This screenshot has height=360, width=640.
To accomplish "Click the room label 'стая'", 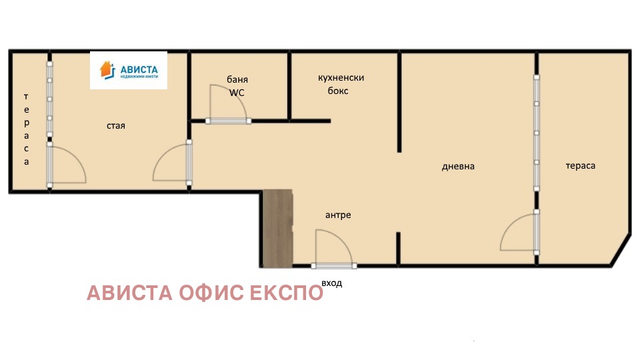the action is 116,126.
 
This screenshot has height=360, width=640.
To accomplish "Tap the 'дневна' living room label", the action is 458,167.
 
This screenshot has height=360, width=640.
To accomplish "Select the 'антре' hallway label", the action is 338,215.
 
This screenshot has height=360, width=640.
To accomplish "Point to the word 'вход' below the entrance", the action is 331,283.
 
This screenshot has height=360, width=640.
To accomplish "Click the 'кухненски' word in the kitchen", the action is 341,77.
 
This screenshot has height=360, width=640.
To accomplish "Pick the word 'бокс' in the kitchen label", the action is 338,91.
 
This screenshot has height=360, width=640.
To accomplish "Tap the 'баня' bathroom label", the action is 237,79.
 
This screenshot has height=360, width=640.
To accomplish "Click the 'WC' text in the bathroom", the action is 237,93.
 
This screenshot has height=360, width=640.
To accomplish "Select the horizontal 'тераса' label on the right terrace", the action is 581,166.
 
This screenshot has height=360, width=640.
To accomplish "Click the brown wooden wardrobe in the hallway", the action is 277,229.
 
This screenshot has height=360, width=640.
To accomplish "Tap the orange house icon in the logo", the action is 107,70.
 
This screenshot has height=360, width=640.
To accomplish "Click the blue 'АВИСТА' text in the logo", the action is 139,69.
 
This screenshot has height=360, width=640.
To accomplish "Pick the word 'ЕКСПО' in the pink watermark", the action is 287,293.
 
